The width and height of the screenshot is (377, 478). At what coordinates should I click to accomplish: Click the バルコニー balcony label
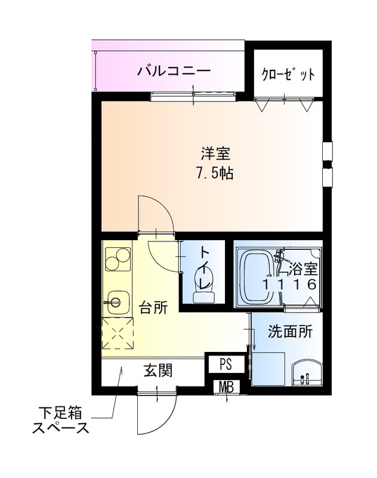(174, 72)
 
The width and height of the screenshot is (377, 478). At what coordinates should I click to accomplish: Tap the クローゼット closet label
(288, 75)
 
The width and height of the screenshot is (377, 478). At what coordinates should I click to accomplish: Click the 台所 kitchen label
(153, 308)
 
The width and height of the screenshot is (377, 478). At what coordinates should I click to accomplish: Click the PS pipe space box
(225, 364)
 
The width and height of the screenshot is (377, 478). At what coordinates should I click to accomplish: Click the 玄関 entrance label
(157, 371)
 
